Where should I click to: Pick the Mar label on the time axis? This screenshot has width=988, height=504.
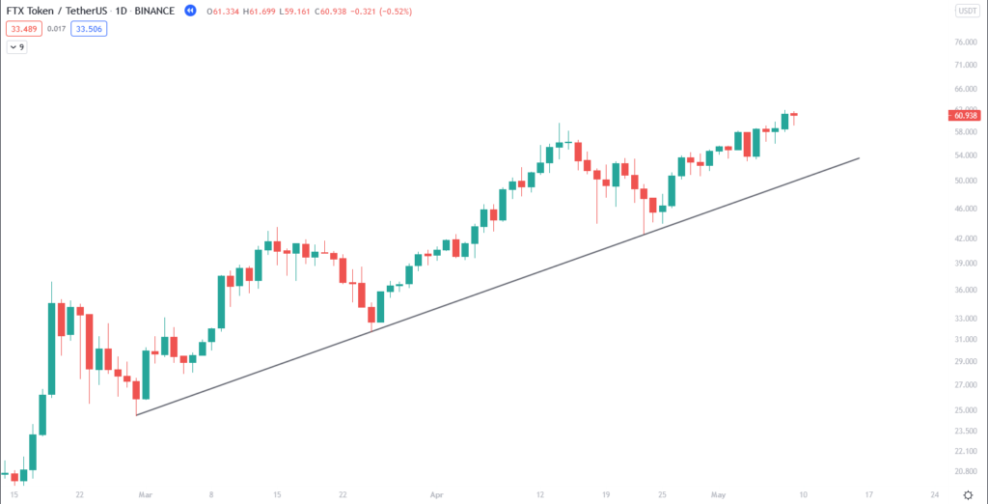tap(146, 494)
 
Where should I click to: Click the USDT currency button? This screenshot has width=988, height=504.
tap(966, 11)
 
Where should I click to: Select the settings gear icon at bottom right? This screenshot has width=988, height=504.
tap(967, 494)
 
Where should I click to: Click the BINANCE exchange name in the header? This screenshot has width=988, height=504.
tap(153, 11)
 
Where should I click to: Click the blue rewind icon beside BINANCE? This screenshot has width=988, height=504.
tap(191, 11)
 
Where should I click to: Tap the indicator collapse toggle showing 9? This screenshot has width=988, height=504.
tap(16, 46)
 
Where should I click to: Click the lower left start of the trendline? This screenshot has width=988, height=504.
tap(137, 415)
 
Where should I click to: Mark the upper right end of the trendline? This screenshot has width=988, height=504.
tap(859, 157)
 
